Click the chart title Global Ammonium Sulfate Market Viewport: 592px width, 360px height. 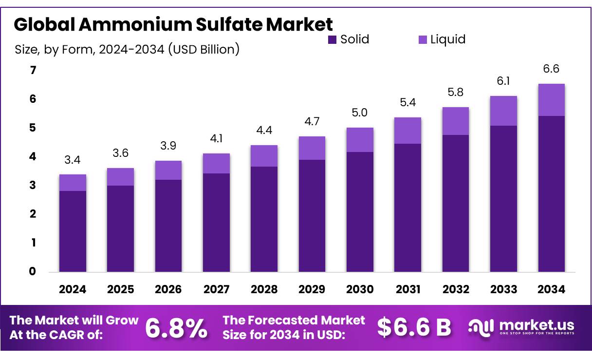(x=173, y=24)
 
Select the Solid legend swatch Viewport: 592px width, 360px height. (x=333, y=40)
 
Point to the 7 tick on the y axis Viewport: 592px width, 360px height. (x=33, y=71)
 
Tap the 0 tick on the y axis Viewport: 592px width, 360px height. (x=33, y=271)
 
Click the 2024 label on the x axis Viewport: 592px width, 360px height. (x=73, y=289)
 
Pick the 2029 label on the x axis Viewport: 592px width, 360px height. (x=312, y=289)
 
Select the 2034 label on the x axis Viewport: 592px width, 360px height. (x=552, y=289)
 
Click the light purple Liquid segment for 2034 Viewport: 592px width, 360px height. (x=552, y=100)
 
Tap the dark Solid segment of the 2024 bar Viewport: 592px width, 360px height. (x=73, y=231)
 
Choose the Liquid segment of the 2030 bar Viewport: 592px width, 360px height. (x=360, y=140)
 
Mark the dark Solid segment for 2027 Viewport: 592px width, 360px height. (x=216, y=223)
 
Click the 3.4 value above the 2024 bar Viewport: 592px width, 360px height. (x=73, y=160)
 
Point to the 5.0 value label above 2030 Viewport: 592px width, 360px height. (x=360, y=113)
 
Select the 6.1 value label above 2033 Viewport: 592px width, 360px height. (x=503, y=81)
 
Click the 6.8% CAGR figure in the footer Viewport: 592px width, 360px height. (x=176, y=328)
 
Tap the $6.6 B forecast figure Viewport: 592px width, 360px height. (x=414, y=328)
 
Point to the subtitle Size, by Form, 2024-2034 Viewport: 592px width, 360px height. (x=127, y=49)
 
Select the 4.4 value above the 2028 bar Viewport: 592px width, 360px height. (x=264, y=131)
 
